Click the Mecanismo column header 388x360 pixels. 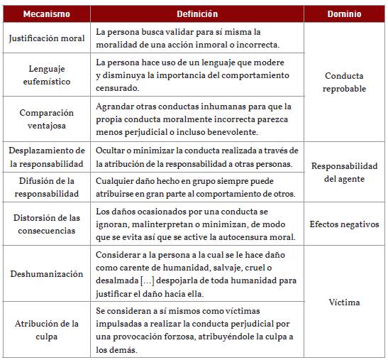(x=46, y=14)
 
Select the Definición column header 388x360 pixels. (x=197, y=14)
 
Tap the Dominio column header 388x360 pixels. (x=344, y=14)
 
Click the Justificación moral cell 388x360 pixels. (x=47, y=38)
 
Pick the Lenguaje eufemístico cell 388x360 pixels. (x=47, y=75)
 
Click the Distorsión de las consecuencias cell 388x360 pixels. (x=47, y=224)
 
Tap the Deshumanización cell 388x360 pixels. (x=47, y=274)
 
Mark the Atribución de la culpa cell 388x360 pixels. (x=47, y=330)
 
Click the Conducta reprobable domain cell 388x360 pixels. (x=344, y=82)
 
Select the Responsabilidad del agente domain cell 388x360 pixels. (x=344, y=173)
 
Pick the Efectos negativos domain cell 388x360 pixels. (x=344, y=224)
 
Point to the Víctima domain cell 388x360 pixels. (x=344, y=302)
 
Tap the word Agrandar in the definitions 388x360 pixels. (x=115, y=107)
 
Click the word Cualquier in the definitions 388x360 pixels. (x=116, y=180)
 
